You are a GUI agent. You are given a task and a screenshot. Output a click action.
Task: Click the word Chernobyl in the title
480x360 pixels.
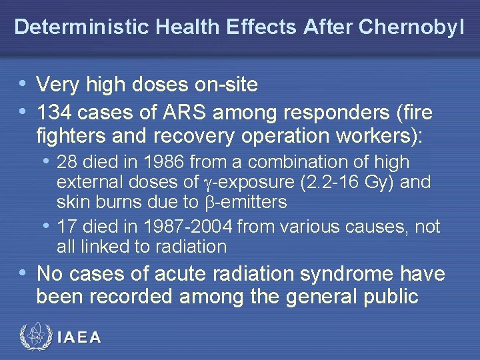(411, 27)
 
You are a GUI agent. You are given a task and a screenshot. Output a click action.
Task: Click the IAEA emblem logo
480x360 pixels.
(33, 337)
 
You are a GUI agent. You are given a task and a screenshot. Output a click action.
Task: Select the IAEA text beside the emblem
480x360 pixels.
(79, 337)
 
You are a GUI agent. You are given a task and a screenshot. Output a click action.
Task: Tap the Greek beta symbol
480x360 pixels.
(206, 201)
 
